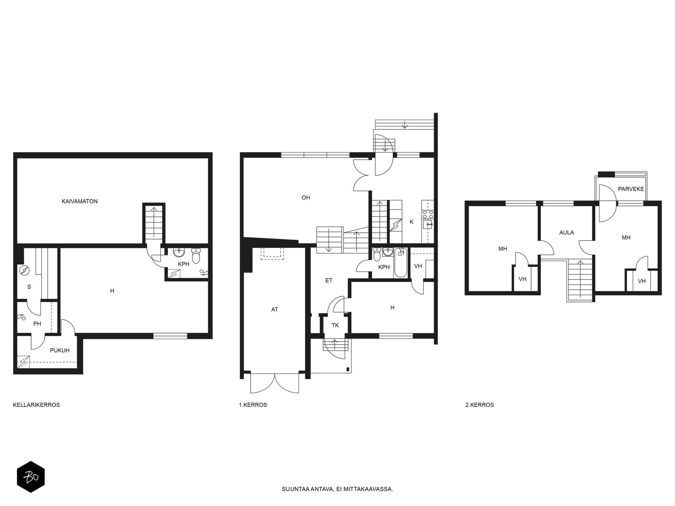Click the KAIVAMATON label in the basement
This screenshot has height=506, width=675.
click(x=80, y=201)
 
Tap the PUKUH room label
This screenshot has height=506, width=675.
click(x=59, y=350)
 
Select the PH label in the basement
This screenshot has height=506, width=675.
click(x=37, y=323)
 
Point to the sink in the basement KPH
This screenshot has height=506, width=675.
click(x=179, y=252)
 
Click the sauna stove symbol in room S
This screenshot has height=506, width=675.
click(x=24, y=270)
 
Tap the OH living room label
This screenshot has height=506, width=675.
click(x=306, y=197)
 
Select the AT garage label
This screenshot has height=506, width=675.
click(x=275, y=310)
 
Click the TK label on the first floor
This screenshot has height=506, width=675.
click(x=335, y=325)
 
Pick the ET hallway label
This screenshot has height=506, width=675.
click(x=329, y=280)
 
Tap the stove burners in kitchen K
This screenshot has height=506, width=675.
click(x=428, y=214)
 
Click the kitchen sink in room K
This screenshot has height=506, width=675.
click(x=428, y=225)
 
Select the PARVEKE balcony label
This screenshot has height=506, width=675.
click(x=631, y=189)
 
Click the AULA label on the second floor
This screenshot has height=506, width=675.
click(x=567, y=233)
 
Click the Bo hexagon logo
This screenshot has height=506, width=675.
click(x=31, y=477)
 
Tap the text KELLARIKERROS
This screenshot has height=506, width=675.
click(x=36, y=405)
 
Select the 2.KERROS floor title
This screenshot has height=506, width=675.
click(x=479, y=405)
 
